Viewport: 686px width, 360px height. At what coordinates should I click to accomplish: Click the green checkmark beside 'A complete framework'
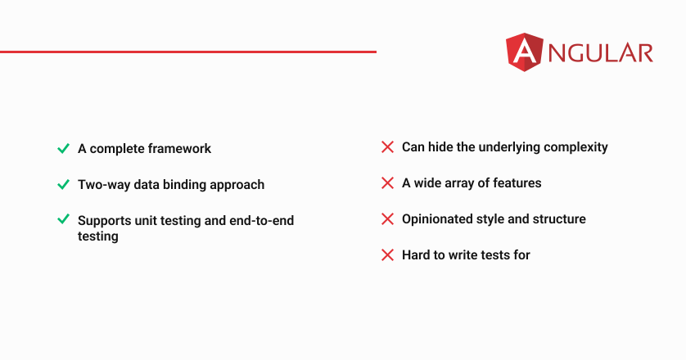[63, 149]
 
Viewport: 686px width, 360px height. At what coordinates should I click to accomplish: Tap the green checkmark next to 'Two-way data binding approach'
[63, 185]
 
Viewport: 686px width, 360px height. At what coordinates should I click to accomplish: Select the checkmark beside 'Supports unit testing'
[63, 218]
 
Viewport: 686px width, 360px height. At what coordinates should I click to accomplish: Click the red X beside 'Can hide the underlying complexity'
[388, 147]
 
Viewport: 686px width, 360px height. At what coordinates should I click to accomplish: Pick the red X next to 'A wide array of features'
[388, 182]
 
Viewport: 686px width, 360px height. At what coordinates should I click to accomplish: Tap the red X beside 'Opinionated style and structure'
[388, 219]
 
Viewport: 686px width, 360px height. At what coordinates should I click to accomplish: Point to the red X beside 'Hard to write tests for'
[388, 255]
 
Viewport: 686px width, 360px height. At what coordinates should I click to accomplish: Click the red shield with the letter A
[525, 52]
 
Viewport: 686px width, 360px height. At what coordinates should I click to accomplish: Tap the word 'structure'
[559, 219]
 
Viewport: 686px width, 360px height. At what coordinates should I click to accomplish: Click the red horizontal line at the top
[188, 52]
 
